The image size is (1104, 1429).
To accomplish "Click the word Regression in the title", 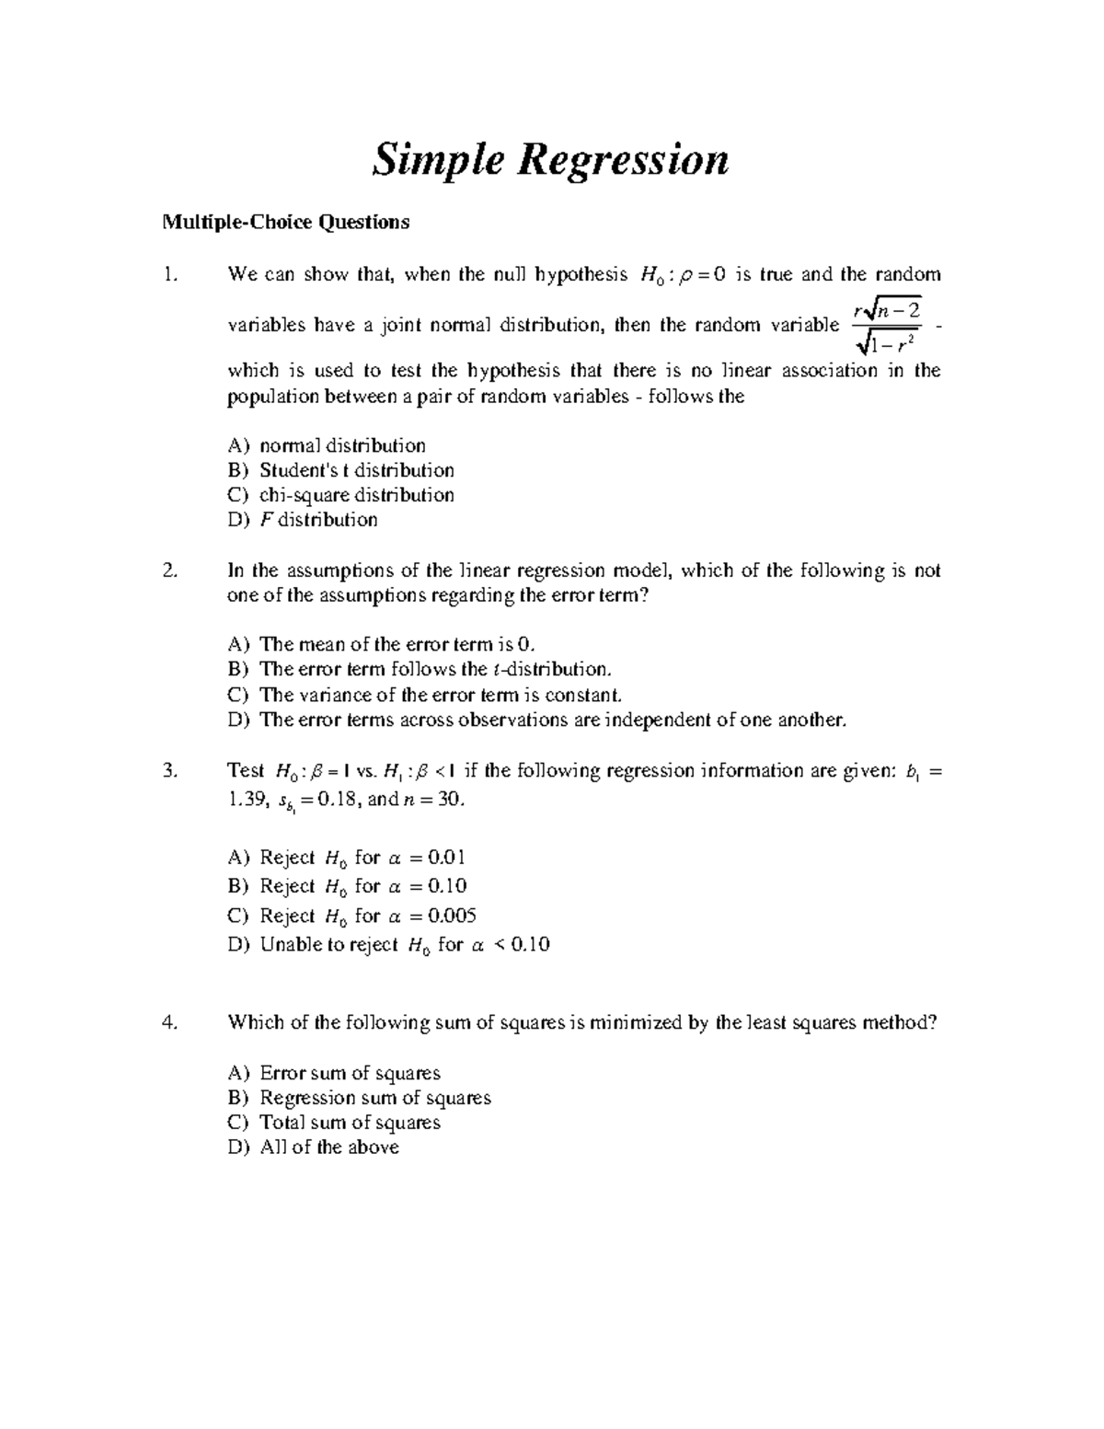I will click(624, 160).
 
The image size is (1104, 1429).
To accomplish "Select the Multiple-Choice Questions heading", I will click(285, 222).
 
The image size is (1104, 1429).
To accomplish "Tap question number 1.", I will click(168, 274).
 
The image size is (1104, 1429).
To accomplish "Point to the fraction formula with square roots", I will click(886, 326).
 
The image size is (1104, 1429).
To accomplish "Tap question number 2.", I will click(168, 570).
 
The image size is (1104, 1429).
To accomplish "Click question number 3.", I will click(168, 771).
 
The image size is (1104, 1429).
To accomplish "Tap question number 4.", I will click(168, 1022).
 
